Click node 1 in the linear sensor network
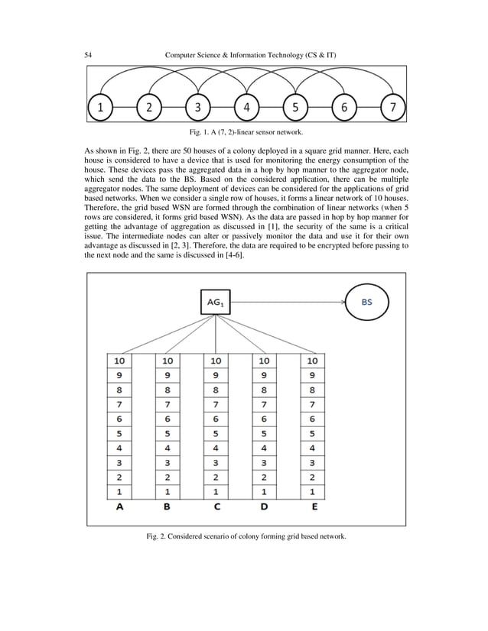click(x=101, y=108)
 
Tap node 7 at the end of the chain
click(x=393, y=108)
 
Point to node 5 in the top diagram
click(x=295, y=108)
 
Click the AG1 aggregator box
click(x=216, y=303)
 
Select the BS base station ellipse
click(x=367, y=303)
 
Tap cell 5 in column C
click(x=216, y=433)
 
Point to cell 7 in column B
click(x=168, y=403)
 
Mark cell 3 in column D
click(x=265, y=463)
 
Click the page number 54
click(x=89, y=54)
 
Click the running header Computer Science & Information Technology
click(x=253, y=54)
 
